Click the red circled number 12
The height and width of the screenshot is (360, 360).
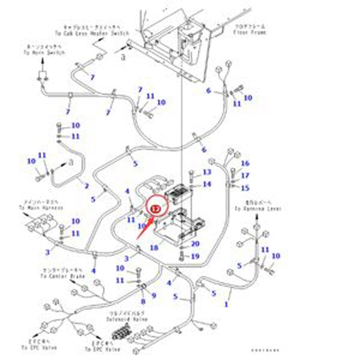click(155, 209)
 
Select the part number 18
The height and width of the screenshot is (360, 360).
click(154, 248)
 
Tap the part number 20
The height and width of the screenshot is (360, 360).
click(194, 244)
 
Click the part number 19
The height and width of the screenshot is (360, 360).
click(194, 256)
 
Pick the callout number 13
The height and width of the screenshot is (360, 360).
click(206, 172)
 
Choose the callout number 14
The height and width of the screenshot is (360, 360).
click(206, 184)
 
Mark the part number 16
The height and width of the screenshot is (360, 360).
click(245, 164)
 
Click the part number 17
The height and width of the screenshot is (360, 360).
click(245, 176)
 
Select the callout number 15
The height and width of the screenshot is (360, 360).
click(245, 188)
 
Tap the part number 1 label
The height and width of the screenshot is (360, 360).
click(227, 304)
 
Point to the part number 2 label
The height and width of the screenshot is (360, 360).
click(86, 186)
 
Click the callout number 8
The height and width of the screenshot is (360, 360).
click(143, 301)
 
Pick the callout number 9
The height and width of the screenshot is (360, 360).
click(154, 295)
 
